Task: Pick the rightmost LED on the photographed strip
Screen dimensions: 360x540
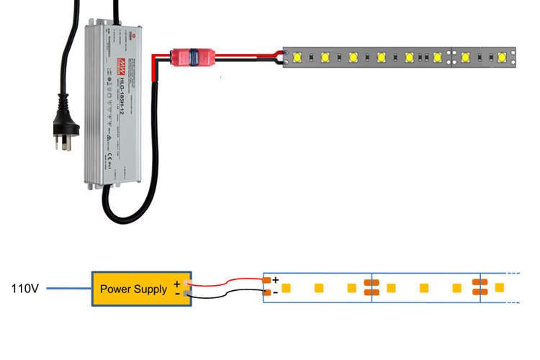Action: coord(502,57)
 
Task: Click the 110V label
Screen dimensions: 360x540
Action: coord(24,289)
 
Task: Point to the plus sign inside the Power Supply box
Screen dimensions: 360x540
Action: coord(176,284)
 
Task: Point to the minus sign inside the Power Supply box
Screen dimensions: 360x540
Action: coord(176,293)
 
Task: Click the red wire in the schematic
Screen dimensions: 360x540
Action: coord(227,281)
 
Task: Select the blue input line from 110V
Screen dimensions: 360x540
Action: coord(68,289)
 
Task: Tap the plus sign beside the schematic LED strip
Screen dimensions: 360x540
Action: coord(275,279)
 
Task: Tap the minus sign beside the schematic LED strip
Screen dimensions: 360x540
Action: coord(275,293)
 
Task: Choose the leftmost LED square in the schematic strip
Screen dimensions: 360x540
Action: coord(287,288)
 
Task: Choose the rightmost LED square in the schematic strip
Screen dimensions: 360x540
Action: coord(500,288)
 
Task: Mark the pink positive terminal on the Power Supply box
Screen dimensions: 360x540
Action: coord(186,283)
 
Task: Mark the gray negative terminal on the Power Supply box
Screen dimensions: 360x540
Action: coord(186,293)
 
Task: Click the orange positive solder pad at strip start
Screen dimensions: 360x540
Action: coord(267,280)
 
